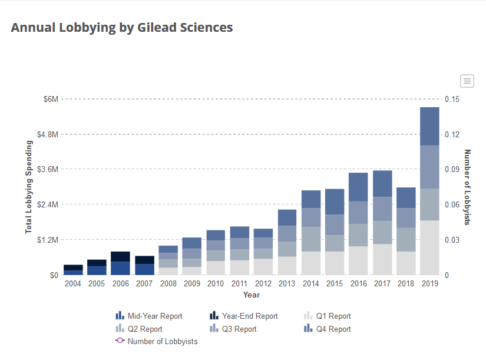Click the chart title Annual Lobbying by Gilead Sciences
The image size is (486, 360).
[x=122, y=28]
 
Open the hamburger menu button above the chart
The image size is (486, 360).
[x=467, y=81]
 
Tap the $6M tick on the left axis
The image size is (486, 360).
[x=51, y=99]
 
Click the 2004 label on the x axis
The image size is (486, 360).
[x=73, y=284]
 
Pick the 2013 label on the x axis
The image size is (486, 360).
[x=287, y=284]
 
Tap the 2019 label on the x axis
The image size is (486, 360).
[x=429, y=284]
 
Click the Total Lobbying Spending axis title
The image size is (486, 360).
[x=29, y=187]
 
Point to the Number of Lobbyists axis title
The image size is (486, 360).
[x=468, y=187]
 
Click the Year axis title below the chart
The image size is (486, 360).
[x=252, y=295]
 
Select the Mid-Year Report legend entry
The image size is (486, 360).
[x=155, y=316]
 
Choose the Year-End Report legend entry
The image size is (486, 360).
[x=249, y=316]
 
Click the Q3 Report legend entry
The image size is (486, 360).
[x=239, y=329]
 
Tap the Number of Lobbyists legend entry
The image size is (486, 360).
[x=162, y=341]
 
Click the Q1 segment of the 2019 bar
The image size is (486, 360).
[x=429, y=247]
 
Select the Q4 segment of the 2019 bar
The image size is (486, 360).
[x=429, y=126]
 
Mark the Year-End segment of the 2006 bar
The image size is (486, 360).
[x=121, y=256]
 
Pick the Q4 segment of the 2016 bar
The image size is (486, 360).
[x=358, y=187]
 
